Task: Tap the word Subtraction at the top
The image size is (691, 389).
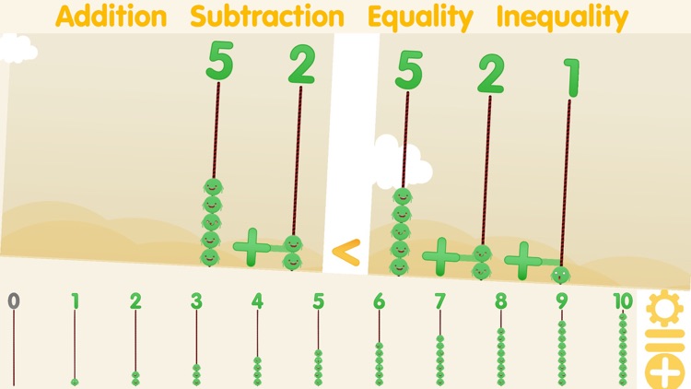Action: [x=267, y=17]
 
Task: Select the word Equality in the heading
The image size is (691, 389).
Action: [x=420, y=17]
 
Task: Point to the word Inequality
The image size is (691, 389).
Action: [x=562, y=17]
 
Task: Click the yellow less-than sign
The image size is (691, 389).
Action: [x=345, y=252]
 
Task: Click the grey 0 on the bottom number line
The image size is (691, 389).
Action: [x=13, y=300]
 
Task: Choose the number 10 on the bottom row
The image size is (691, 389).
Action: [x=623, y=300]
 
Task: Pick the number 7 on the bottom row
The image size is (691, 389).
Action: [x=439, y=300]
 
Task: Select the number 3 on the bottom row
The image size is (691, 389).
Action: [x=196, y=300]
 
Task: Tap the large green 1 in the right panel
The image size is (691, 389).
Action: [x=571, y=77]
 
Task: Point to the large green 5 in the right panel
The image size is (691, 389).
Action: [x=410, y=70]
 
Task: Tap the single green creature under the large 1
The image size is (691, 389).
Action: [x=559, y=273]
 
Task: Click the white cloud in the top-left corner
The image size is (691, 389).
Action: [x=17, y=48]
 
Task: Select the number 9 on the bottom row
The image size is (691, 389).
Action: [x=561, y=300]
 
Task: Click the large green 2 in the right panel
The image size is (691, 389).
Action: [x=491, y=74]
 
